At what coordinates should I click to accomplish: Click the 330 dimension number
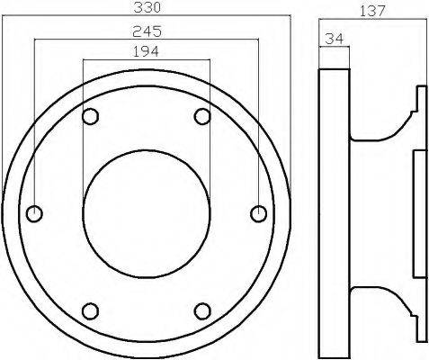pyautogui.click(x=147, y=7)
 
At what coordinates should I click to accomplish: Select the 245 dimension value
pyautogui.click(x=147, y=31)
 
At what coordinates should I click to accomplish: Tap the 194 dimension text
pyautogui.click(x=146, y=51)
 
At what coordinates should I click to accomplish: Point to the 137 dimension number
pyautogui.click(x=372, y=12)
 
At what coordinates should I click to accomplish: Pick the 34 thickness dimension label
pyautogui.click(x=335, y=39)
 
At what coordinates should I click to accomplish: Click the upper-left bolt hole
pyautogui.click(x=90, y=116)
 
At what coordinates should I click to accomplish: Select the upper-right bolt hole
pyautogui.click(x=202, y=116)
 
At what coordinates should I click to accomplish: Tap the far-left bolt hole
pyautogui.click(x=34, y=214)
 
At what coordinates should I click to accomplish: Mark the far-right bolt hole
pyautogui.click(x=258, y=214)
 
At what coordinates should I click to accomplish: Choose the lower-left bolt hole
pyautogui.click(x=90, y=311)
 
